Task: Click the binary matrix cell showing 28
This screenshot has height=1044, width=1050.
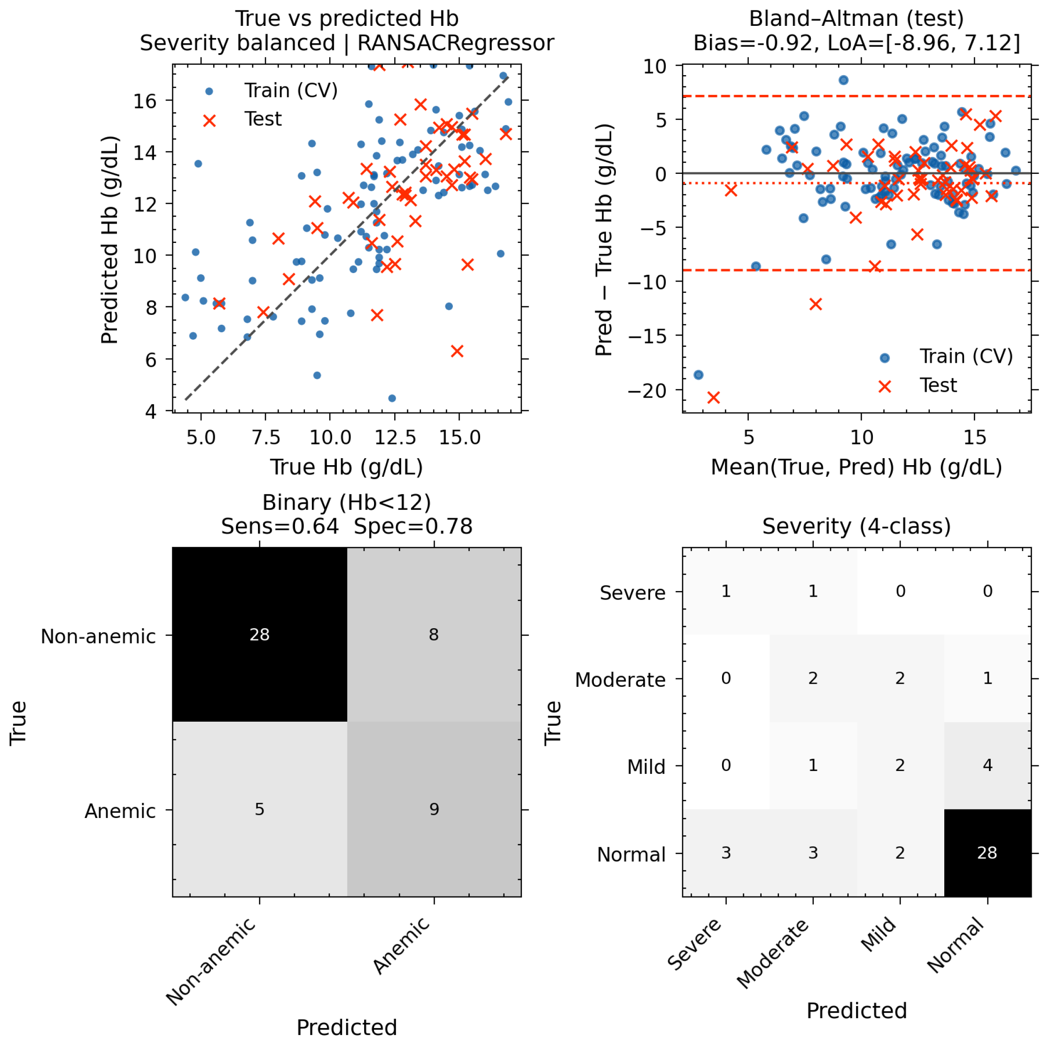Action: (x=260, y=635)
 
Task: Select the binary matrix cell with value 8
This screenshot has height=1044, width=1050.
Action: (x=434, y=635)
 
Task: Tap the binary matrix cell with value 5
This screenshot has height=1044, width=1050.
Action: (x=260, y=809)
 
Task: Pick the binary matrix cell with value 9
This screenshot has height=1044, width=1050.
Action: (x=434, y=809)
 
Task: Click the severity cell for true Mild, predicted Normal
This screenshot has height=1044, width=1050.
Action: (x=988, y=766)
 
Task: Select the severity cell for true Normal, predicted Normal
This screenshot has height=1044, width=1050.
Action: (x=988, y=853)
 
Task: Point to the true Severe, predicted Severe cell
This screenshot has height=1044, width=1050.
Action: (x=726, y=591)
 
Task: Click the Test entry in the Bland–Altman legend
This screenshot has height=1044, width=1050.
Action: (x=918, y=385)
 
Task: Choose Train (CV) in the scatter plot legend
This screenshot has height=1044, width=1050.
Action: (x=271, y=91)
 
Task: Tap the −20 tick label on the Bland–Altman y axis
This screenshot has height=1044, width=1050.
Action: (x=647, y=391)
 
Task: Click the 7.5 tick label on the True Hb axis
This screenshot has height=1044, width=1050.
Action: (x=266, y=437)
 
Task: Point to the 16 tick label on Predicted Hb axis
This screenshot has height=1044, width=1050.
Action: (x=145, y=101)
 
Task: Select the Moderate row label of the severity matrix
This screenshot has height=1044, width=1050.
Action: (x=620, y=680)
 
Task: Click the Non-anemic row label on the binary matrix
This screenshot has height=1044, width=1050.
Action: (x=98, y=636)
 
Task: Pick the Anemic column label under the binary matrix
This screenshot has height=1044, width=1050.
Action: (x=402, y=946)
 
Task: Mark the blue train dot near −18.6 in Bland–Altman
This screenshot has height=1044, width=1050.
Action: (x=699, y=375)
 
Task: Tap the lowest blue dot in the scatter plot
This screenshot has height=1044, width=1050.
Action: (x=392, y=398)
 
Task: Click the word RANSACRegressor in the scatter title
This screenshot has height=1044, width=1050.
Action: (x=455, y=43)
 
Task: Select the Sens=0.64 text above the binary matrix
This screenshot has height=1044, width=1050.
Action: (x=280, y=526)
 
